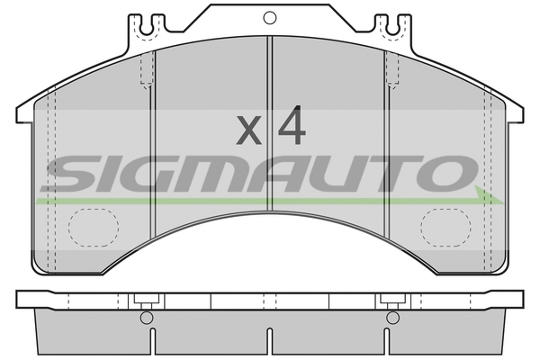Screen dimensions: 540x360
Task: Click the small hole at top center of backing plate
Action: pyautogui.click(x=270, y=18)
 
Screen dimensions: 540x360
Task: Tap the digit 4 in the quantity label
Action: pyautogui.click(x=292, y=125)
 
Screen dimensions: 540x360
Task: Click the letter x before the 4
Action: pyautogui.click(x=248, y=130)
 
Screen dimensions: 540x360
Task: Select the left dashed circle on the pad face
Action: pyautogui.click(x=94, y=228)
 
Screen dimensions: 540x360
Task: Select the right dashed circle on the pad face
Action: pyautogui.click(x=445, y=228)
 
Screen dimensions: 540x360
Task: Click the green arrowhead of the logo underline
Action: pyautogui.click(x=489, y=195)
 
